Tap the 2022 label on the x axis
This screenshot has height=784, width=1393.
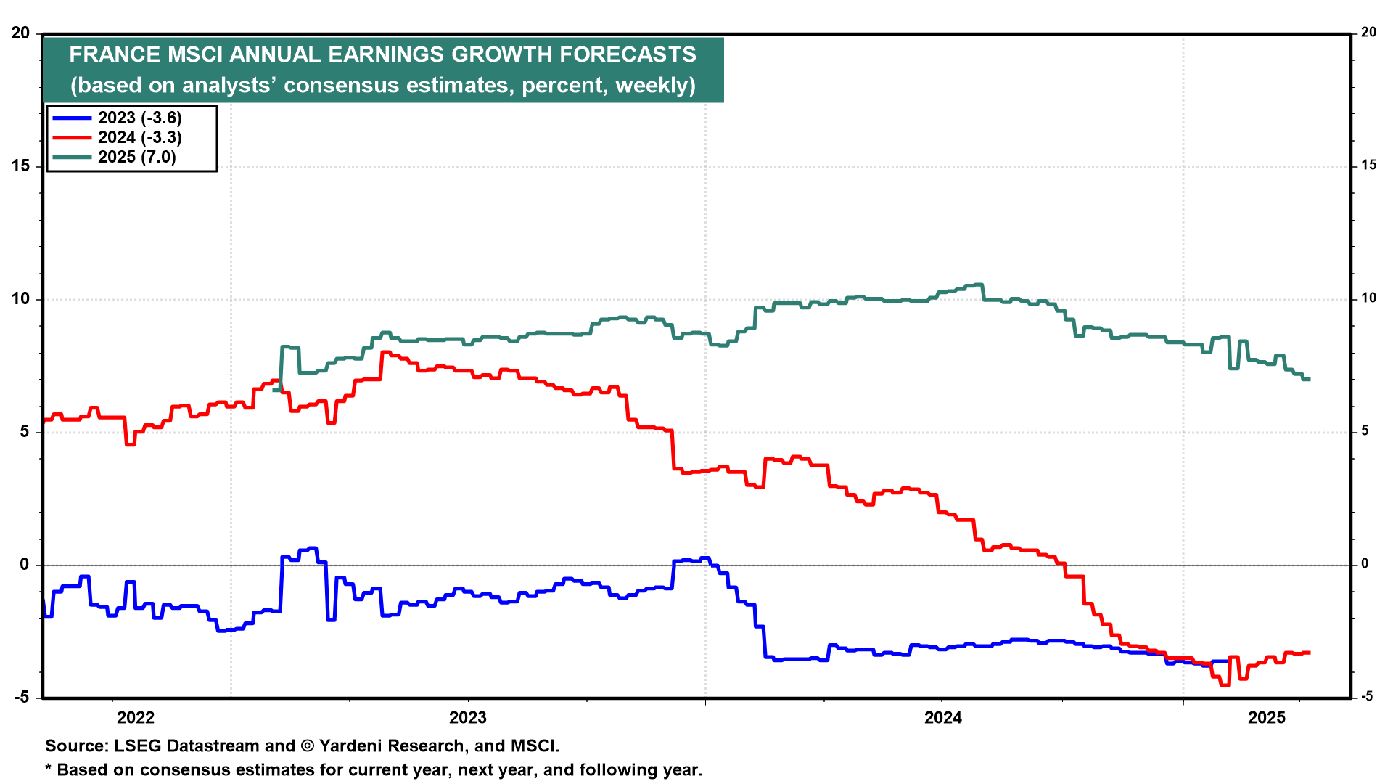[136, 718]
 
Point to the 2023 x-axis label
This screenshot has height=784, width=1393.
[468, 718]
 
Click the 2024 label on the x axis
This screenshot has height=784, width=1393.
[942, 718]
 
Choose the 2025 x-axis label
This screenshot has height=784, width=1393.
[1267, 718]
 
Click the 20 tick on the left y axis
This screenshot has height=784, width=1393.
[20, 33]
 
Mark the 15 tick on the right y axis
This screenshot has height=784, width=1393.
[1368, 166]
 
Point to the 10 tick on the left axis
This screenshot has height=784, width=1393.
[20, 299]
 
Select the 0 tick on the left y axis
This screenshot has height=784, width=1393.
[25, 565]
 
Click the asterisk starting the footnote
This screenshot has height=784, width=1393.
[49, 769]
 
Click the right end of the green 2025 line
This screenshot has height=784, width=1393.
[1309, 379]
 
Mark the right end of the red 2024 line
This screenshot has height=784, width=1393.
[1309, 653]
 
